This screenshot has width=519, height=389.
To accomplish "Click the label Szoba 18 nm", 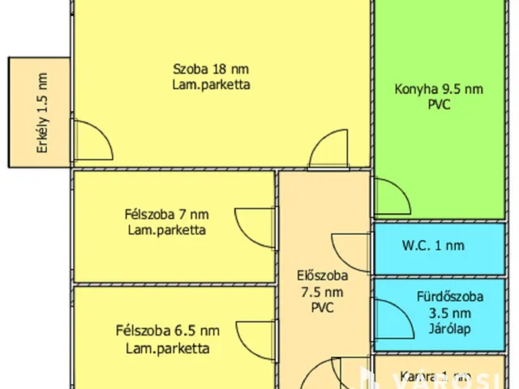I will coord(211,68).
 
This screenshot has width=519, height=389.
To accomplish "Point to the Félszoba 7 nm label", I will coord(166,215).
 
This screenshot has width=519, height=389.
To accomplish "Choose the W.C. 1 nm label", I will coord(433,246).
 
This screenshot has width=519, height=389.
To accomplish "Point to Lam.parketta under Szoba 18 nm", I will coord(211,83).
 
